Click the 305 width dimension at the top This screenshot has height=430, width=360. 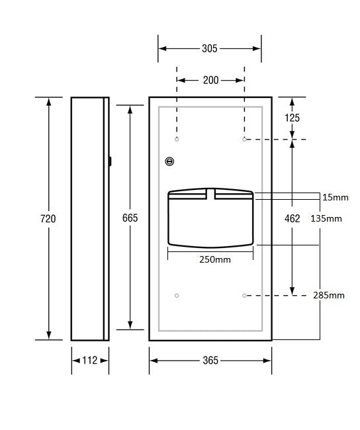pyautogui.click(x=209, y=48)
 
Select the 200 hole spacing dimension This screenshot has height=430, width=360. pyautogui.click(x=210, y=80)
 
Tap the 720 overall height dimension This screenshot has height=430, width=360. pyautogui.click(x=48, y=218)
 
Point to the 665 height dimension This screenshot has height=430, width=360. pyautogui.click(x=130, y=218)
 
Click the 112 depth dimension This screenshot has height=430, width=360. pyautogui.click(x=90, y=361)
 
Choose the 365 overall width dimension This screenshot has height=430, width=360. pyautogui.click(x=210, y=361)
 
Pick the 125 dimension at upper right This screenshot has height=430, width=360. pyautogui.click(x=292, y=118)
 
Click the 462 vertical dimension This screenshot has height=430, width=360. pyautogui.click(x=292, y=218)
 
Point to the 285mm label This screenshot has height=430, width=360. pyautogui.click(x=329, y=295)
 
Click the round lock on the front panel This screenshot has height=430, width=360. pyautogui.click(x=169, y=161)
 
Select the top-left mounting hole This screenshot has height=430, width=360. pyautogui.click(x=177, y=140)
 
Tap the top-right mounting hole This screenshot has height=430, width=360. pyautogui.click(x=244, y=140)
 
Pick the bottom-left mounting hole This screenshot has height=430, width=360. pyautogui.click(x=177, y=295)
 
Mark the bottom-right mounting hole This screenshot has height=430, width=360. pyautogui.click(x=244, y=295)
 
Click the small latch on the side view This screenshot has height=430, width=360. pyautogui.click(x=110, y=160)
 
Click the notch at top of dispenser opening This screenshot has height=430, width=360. pyautogui.click(x=210, y=193)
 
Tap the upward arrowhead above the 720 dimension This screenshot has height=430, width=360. pyautogui.click(x=48, y=101)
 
